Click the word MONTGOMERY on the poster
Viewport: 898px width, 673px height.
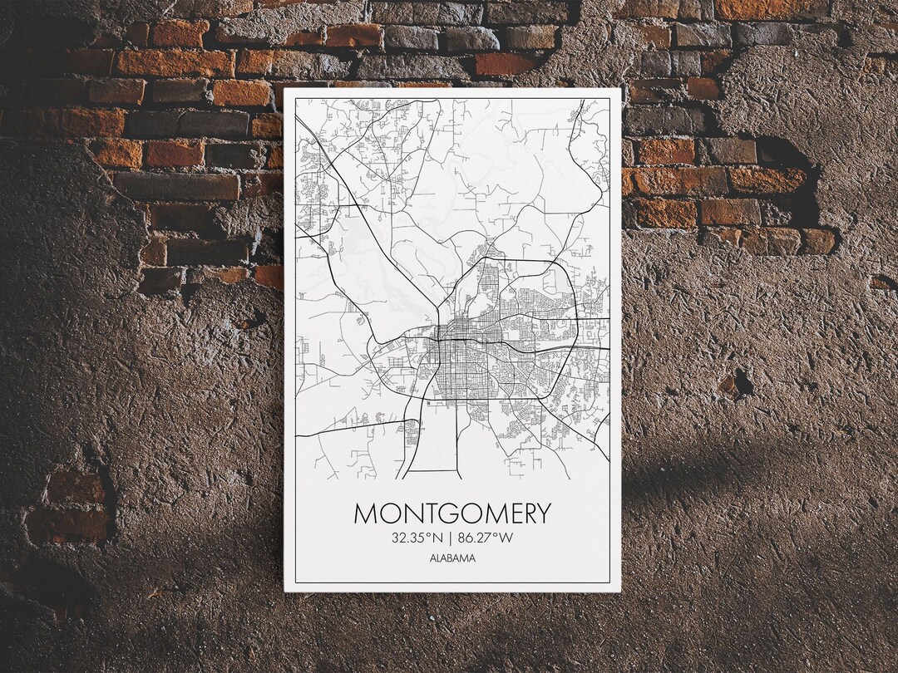452,513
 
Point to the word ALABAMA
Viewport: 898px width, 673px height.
453,558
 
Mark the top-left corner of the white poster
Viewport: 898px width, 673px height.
285,88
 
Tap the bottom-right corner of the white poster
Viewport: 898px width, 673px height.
620,591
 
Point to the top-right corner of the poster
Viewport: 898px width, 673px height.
621,88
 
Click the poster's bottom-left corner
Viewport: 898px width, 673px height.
285,591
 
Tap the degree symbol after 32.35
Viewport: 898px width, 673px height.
429,534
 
